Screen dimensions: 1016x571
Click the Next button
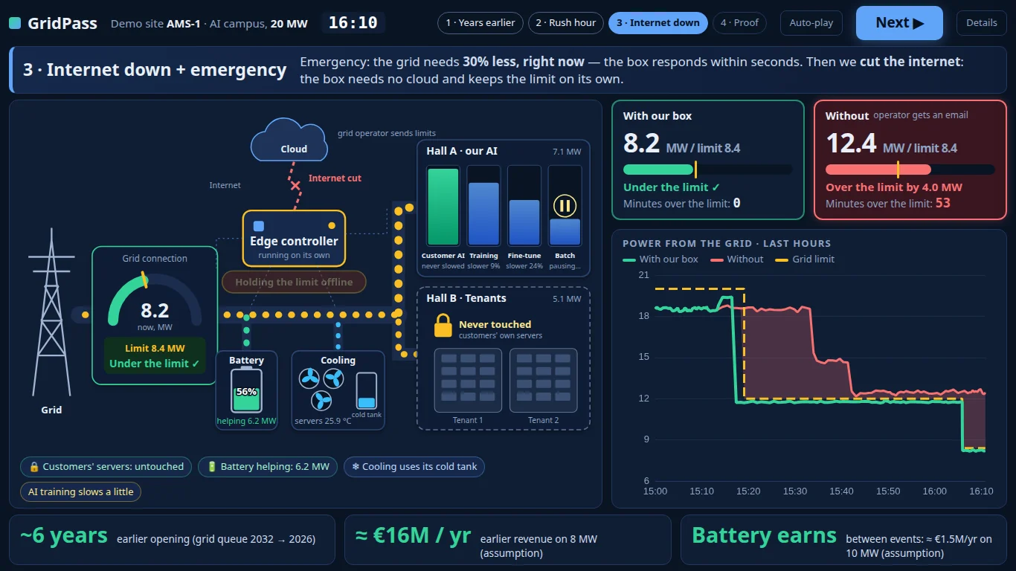(899, 23)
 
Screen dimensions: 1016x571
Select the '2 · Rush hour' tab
(565, 23)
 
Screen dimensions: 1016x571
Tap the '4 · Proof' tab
(739, 23)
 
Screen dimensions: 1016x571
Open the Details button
(981, 23)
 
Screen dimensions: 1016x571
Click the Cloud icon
(289, 141)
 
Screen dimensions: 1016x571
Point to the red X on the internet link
(295, 185)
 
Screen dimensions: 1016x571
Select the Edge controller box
(294, 238)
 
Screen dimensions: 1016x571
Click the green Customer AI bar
(443, 207)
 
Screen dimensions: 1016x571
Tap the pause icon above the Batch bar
(565, 206)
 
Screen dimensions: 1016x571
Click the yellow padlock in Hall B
(443, 326)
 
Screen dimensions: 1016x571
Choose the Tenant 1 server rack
(468, 380)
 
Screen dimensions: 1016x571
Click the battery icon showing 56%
(246, 390)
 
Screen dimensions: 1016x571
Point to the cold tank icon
(366, 391)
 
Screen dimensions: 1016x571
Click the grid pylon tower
(51, 312)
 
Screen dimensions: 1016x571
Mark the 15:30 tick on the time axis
(794, 491)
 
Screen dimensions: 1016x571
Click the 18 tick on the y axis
(643, 316)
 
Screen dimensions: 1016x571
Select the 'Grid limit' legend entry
(805, 259)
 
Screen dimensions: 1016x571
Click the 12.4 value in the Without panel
(851, 143)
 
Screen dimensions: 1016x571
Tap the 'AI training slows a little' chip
(81, 491)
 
